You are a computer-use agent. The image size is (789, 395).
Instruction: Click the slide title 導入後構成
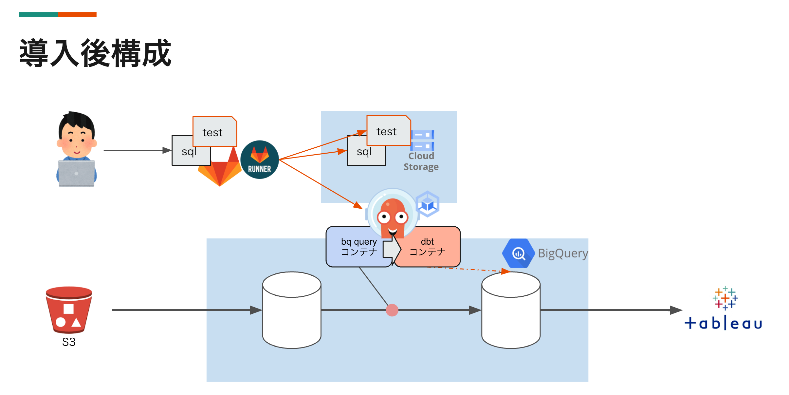tap(95, 53)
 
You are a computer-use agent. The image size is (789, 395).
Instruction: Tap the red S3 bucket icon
tap(69, 310)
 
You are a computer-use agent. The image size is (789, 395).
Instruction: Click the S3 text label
tap(69, 342)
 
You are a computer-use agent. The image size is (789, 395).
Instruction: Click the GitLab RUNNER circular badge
tap(260, 160)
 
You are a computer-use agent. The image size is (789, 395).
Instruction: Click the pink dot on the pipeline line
tap(392, 310)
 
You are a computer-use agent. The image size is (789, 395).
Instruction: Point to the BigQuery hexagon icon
tap(518, 253)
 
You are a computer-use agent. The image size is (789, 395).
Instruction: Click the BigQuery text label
tap(563, 253)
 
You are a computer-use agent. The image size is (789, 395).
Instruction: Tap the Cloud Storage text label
tap(421, 161)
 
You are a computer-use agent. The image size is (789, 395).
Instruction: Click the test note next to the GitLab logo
tap(214, 132)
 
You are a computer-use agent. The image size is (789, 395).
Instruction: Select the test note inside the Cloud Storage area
tap(388, 131)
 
